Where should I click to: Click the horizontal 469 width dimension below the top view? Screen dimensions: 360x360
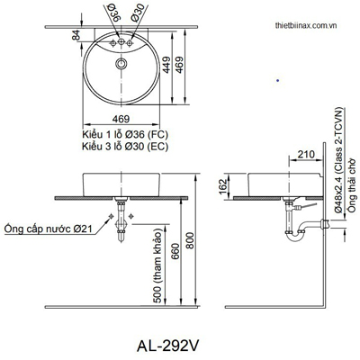[119, 117]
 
